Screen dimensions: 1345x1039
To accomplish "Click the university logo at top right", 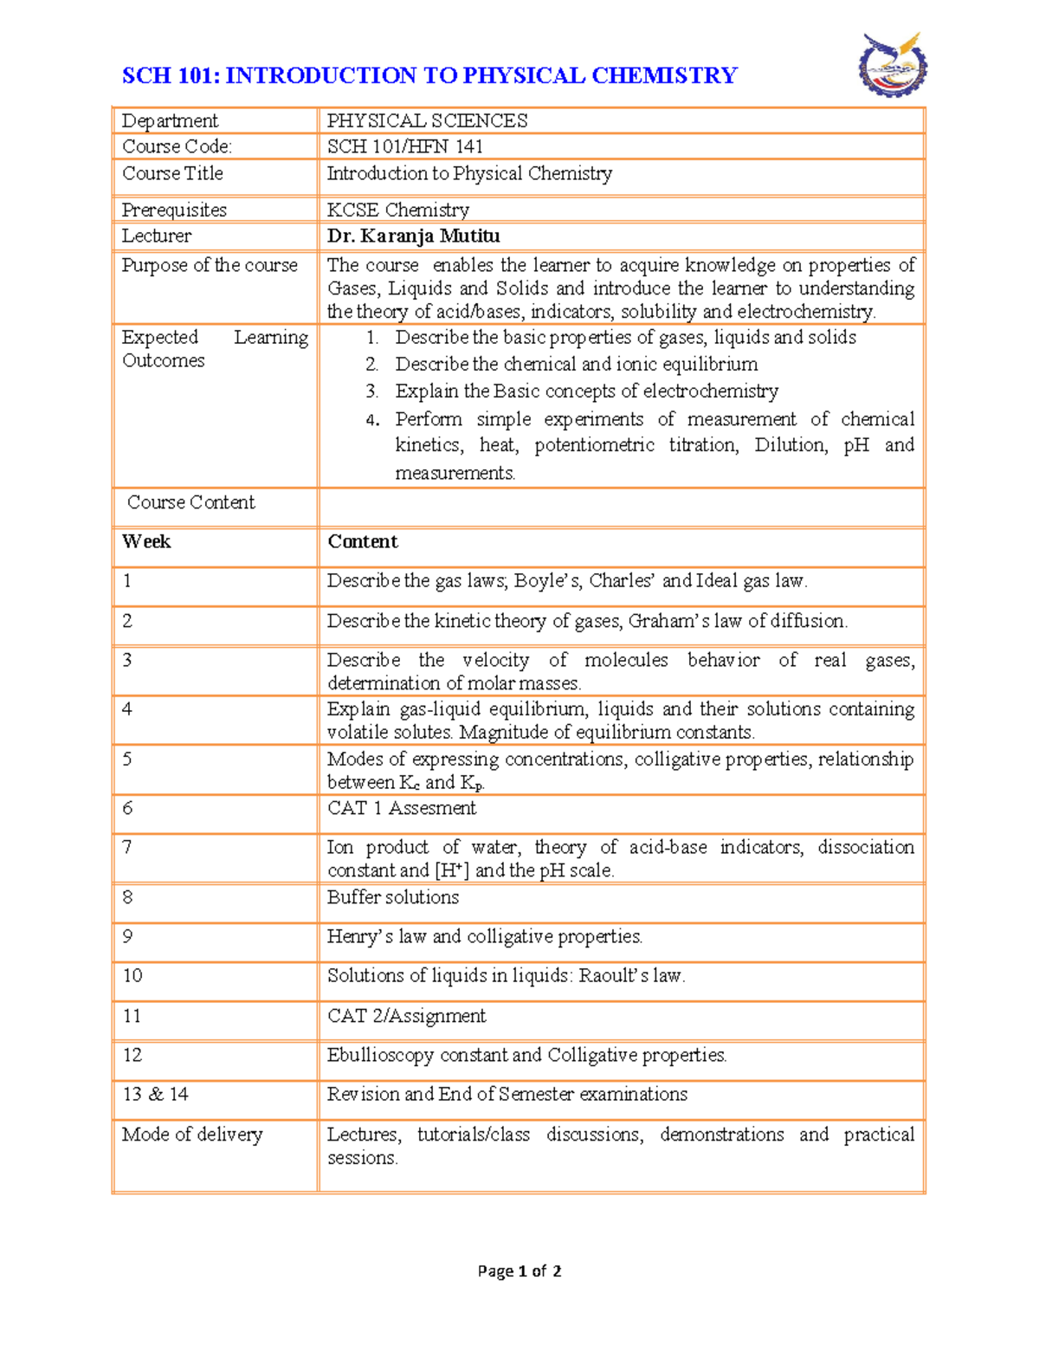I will click(x=893, y=65).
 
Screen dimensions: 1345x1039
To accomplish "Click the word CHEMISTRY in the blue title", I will click(x=664, y=75).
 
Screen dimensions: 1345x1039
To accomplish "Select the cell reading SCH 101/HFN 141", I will click(x=404, y=146).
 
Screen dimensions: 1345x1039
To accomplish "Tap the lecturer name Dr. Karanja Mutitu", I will click(x=413, y=236).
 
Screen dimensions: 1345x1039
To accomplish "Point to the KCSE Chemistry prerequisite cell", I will click(x=397, y=210).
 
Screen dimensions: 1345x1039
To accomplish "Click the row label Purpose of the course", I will click(x=210, y=265).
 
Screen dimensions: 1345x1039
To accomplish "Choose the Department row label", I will click(x=170, y=120).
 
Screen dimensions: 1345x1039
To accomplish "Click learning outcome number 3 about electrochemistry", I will click(x=586, y=391).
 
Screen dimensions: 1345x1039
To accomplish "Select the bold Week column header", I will click(x=146, y=541).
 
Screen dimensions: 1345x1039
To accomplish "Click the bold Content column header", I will click(x=362, y=541).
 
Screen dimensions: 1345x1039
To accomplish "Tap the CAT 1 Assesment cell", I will click(x=402, y=808).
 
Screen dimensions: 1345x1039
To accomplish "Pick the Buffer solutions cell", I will click(x=393, y=897).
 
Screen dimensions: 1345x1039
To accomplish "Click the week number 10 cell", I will click(x=132, y=975).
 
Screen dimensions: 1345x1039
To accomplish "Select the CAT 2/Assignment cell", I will click(x=406, y=1015).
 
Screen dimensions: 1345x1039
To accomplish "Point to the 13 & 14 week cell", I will click(x=156, y=1094).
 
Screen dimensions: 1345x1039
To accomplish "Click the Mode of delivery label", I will click(x=192, y=1134).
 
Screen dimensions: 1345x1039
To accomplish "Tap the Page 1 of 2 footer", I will click(x=519, y=1271).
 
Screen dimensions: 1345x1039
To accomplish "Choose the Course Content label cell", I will click(x=191, y=502).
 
